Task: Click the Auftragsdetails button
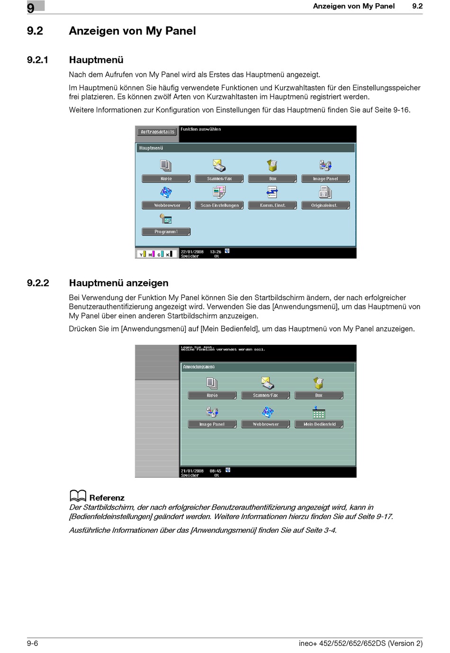tap(157, 132)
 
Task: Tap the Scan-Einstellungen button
tap(219, 206)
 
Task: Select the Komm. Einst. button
tap(272, 206)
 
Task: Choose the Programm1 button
tap(166, 232)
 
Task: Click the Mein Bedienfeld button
tap(319, 424)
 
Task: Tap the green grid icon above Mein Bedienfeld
tap(319, 412)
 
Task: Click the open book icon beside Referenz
tap(78, 496)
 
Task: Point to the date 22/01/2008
tap(192, 252)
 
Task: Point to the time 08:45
tap(216, 471)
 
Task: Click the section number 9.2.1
tap(38, 60)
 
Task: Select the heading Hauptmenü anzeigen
tap(118, 283)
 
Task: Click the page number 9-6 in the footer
tap(33, 643)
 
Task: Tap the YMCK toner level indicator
tap(155, 254)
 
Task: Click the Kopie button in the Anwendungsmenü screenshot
tap(212, 395)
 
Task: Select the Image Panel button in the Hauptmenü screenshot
tap(325, 179)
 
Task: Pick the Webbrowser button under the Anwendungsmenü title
tap(266, 424)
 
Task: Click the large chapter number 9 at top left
tap(31, 8)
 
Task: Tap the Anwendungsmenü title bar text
tap(199, 367)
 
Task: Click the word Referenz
tap(107, 498)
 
